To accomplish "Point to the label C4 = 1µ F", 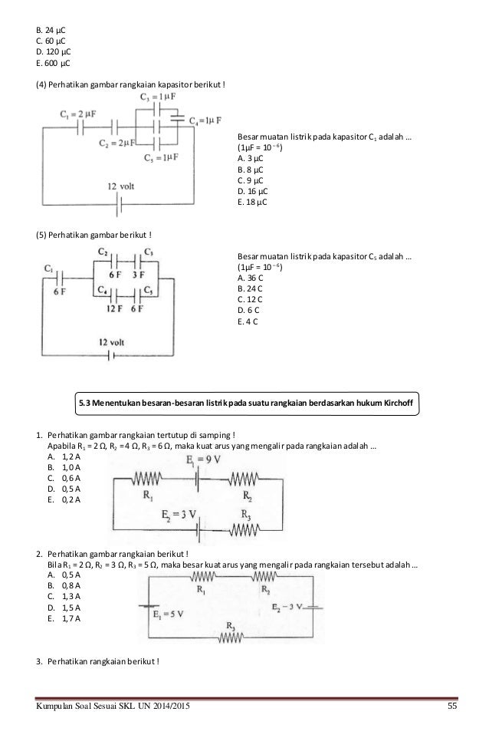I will pyautogui.click(x=205, y=121).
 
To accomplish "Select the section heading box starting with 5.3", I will pyautogui.click(x=248, y=400).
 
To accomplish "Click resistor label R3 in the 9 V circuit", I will pyautogui.click(x=246, y=514).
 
